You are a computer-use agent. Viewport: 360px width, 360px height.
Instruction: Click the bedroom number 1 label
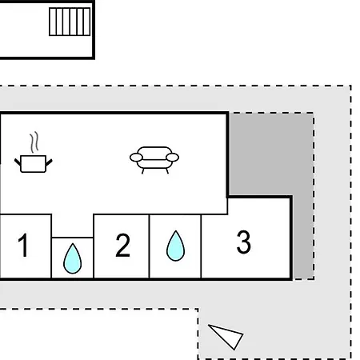pyautogui.click(x=23, y=245)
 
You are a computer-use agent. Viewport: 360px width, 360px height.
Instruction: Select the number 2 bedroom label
pyautogui.click(x=122, y=245)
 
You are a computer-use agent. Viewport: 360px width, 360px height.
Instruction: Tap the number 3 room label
pyautogui.click(x=244, y=242)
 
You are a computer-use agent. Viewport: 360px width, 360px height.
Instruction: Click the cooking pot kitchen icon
pyautogui.click(x=34, y=163)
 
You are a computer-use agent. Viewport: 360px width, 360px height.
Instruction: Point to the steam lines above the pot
pyautogui.click(x=34, y=142)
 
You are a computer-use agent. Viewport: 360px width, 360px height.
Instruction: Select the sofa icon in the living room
pyautogui.click(x=154, y=160)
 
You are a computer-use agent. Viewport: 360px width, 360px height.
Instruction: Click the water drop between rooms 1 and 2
pyautogui.click(x=72, y=258)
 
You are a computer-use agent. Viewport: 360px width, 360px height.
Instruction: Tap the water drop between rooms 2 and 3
pyautogui.click(x=175, y=246)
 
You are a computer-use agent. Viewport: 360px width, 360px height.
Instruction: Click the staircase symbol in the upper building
pyautogui.click(x=70, y=22)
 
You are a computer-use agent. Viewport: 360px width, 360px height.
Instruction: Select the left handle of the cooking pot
pyautogui.click(x=18, y=162)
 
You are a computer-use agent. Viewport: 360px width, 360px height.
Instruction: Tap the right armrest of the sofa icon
pyautogui.click(x=172, y=158)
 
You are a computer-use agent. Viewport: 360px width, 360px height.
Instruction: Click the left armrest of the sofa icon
pyautogui.click(x=136, y=158)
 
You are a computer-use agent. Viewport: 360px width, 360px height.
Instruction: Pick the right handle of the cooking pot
pyautogui.click(x=49, y=162)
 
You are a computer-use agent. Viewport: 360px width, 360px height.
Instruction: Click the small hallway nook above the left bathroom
pyautogui.click(x=72, y=226)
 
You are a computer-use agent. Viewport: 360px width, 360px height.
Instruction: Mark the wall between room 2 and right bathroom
pyautogui.click(x=149, y=246)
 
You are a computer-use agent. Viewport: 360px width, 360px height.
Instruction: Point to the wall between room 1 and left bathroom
pyautogui.click(x=51, y=246)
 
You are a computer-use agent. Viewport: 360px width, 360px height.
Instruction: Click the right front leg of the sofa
pyautogui.click(x=167, y=171)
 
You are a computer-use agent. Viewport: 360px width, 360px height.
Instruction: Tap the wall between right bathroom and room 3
pyautogui.click(x=201, y=246)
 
